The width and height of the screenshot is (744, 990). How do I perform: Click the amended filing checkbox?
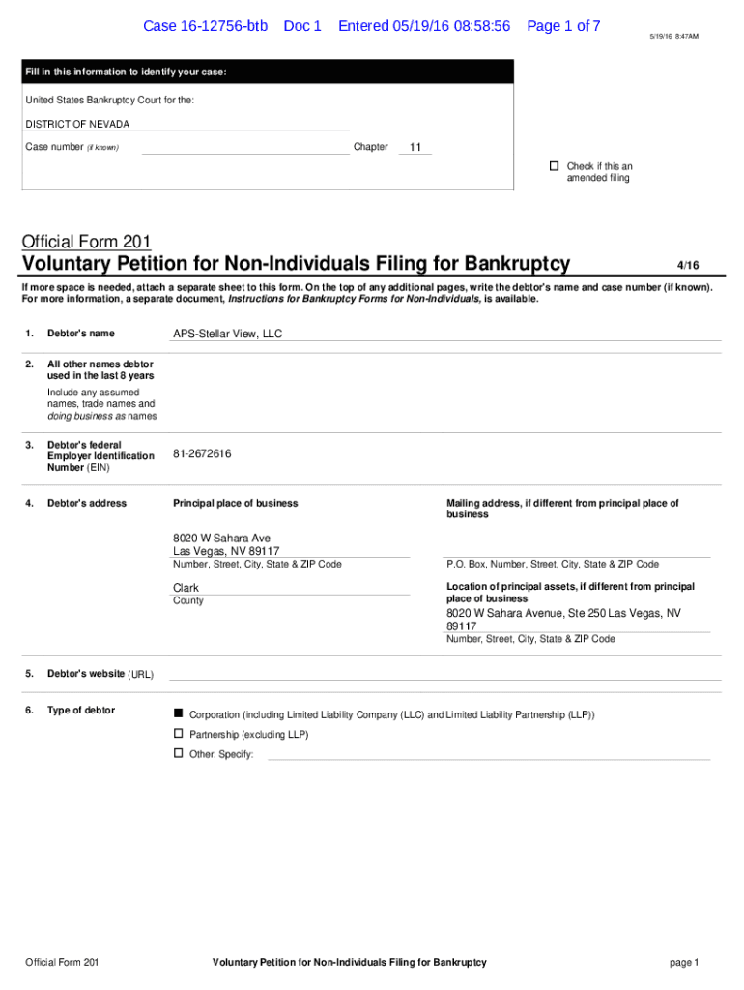[555, 166]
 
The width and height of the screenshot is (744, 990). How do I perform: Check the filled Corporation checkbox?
[178, 713]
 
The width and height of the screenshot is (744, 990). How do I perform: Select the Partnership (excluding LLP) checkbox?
[178, 734]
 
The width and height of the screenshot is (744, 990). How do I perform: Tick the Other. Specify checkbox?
[178, 752]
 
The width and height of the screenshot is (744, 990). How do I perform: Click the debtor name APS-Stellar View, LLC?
[227, 334]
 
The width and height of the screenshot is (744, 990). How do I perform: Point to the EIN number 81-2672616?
[202, 453]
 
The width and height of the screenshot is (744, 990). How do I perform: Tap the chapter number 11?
[415, 148]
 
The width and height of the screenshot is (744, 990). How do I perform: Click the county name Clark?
[186, 588]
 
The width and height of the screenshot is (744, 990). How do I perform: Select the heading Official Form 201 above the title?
[86, 242]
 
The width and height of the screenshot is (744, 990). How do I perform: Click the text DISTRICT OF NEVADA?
[77, 124]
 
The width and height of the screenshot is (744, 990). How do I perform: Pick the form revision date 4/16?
[687, 265]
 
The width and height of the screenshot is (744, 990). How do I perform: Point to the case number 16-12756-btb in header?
[205, 26]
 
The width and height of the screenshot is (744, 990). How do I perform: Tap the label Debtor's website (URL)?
[100, 674]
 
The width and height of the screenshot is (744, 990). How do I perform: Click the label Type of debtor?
[80, 711]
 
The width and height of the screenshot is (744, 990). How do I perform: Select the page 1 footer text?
[682, 962]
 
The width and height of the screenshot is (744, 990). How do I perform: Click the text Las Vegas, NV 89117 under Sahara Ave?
[226, 551]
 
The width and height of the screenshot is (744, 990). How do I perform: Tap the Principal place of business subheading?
[235, 503]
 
